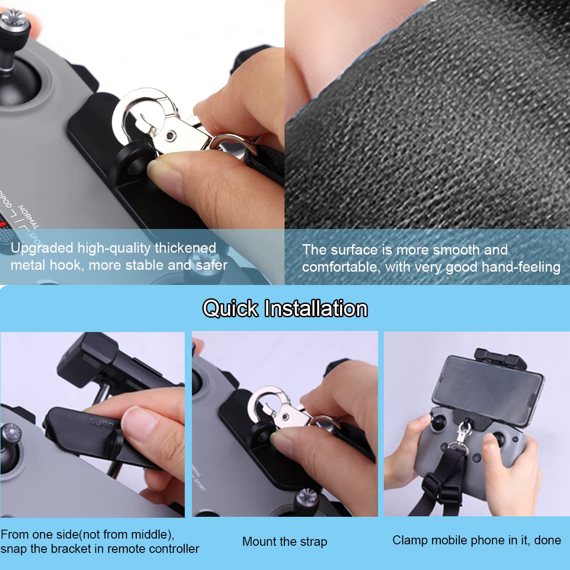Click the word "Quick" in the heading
230,309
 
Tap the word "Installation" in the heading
316,309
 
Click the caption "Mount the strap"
285,541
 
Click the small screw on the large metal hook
171,136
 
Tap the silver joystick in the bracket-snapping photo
11,433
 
